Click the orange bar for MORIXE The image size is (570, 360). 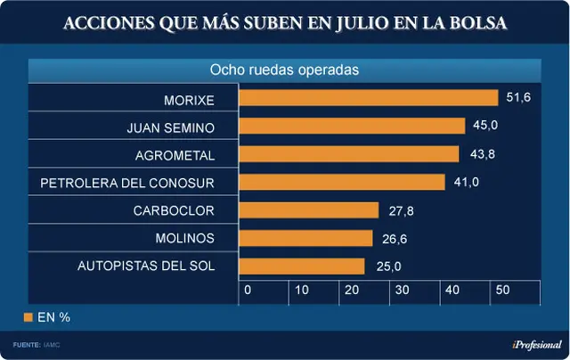pos(369,98)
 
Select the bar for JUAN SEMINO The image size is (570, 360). pos(353,126)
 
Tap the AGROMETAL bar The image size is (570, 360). pos(349,154)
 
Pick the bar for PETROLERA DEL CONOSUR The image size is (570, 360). pos(342,182)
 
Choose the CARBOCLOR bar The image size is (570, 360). pos(309,210)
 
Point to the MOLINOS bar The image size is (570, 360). pos(305,238)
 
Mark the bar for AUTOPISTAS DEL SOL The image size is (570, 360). pos(302,266)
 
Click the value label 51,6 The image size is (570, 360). pos(518,97)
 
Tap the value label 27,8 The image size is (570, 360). pos(401,211)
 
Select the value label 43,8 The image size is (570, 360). pos(483,154)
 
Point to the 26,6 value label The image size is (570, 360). pos(395,239)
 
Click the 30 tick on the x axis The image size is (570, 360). pos(402,290)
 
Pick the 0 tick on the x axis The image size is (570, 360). pos(248,290)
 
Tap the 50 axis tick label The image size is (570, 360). pos(502,290)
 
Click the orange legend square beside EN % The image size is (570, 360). pos(28,317)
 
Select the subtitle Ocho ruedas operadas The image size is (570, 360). pos(284,70)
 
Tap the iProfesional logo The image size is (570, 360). pos(537,345)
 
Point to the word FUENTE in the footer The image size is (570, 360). pos(27,345)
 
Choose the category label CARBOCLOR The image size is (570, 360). pos(174,211)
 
